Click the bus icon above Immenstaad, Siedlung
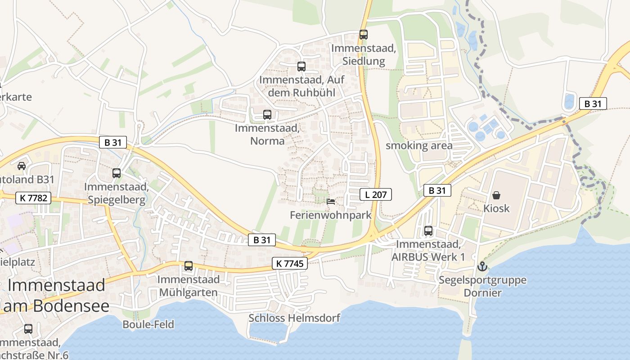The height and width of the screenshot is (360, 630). click(363, 34)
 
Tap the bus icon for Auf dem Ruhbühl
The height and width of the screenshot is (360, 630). click(301, 67)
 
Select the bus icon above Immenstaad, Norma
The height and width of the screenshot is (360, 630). click(267, 114)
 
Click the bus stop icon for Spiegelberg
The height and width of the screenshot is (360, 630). click(117, 173)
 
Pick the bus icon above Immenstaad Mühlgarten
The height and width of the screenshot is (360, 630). click(189, 266)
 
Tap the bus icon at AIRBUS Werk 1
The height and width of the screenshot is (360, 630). click(428, 231)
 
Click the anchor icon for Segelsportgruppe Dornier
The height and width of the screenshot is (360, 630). click(482, 266)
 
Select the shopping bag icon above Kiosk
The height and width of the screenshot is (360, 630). click(496, 195)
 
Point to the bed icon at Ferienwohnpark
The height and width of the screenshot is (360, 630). click(331, 202)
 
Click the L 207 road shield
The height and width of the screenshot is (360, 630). click(376, 194)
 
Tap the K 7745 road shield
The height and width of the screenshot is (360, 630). click(290, 264)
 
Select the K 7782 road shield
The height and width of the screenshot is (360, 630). click(33, 198)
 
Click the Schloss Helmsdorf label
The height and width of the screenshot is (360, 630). click(294, 318)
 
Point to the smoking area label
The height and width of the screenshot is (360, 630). click(419, 145)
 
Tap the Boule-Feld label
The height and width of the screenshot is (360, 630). click(148, 324)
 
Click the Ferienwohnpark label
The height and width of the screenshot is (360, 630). click(331, 215)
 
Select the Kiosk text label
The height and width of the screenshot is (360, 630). click(496, 208)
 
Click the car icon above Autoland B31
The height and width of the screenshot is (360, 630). click(21, 166)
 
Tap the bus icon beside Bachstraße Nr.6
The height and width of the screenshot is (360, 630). click(28, 329)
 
